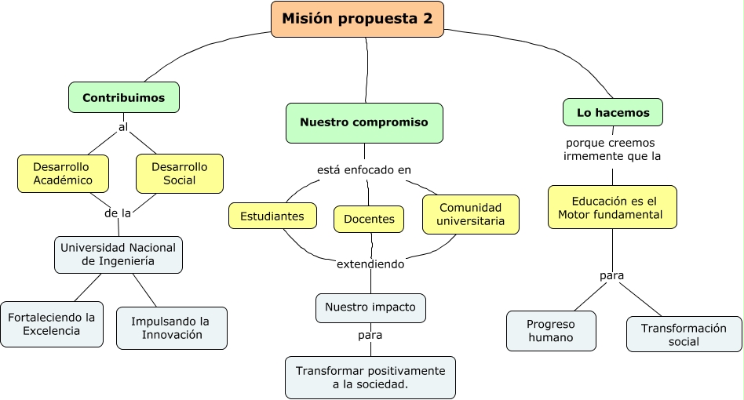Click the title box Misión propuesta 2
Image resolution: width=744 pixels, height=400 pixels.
tap(357, 19)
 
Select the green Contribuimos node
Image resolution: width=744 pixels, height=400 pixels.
tap(124, 98)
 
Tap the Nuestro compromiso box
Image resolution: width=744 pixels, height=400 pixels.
tap(364, 122)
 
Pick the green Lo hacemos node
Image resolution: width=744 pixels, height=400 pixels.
tap(613, 112)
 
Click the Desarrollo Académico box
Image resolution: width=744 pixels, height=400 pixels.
tap(63, 173)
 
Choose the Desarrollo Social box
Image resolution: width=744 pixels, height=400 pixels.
tap(180, 173)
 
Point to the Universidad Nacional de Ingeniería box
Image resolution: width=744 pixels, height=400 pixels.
tap(119, 254)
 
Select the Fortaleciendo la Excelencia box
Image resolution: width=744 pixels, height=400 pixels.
tap(52, 324)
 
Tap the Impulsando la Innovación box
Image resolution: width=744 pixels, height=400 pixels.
tap(171, 328)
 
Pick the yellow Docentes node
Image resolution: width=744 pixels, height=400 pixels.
tap(369, 219)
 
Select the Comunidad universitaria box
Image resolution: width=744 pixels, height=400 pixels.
tap(470, 214)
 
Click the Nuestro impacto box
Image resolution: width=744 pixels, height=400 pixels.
tap(370, 307)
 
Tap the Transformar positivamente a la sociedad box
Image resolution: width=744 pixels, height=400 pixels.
tap(370, 377)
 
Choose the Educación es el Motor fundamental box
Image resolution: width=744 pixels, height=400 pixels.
tap(612, 207)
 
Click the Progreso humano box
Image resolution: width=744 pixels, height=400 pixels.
tap(551, 331)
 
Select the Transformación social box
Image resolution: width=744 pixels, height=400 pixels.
tap(684, 335)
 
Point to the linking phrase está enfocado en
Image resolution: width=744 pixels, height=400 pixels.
tap(364, 169)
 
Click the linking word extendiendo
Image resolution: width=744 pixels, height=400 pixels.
tap(370, 264)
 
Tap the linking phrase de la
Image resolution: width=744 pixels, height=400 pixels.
tap(118, 212)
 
